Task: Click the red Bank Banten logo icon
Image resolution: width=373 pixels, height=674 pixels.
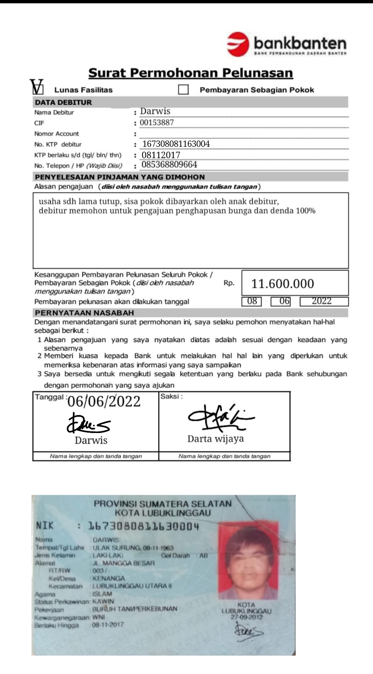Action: tap(238, 44)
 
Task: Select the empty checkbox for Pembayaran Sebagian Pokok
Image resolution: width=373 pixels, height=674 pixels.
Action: tap(183, 90)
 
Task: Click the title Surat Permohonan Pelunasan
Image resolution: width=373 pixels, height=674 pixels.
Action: tap(191, 73)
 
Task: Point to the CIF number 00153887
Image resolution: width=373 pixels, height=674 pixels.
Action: tap(157, 123)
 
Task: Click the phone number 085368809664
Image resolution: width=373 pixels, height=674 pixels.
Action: tap(169, 165)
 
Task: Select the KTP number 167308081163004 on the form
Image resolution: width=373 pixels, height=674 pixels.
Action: tap(176, 144)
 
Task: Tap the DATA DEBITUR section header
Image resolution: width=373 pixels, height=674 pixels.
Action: tap(64, 102)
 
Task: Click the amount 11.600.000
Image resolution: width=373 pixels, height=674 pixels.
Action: tap(283, 284)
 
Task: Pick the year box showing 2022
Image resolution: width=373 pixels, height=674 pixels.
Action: tap(322, 301)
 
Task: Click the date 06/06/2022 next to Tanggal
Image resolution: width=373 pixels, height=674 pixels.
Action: tap(104, 402)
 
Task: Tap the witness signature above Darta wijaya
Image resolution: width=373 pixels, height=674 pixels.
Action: tap(221, 418)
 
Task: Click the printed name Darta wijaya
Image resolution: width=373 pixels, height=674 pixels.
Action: tap(216, 439)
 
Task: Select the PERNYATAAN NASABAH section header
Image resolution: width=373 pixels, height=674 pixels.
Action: tap(84, 313)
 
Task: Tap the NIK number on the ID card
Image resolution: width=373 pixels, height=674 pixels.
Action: tap(144, 526)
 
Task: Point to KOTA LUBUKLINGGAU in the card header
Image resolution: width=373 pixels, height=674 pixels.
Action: tap(163, 513)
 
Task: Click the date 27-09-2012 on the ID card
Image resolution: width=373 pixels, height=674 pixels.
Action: tap(247, 617)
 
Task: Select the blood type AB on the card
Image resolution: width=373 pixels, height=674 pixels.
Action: tap(204, 556)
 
